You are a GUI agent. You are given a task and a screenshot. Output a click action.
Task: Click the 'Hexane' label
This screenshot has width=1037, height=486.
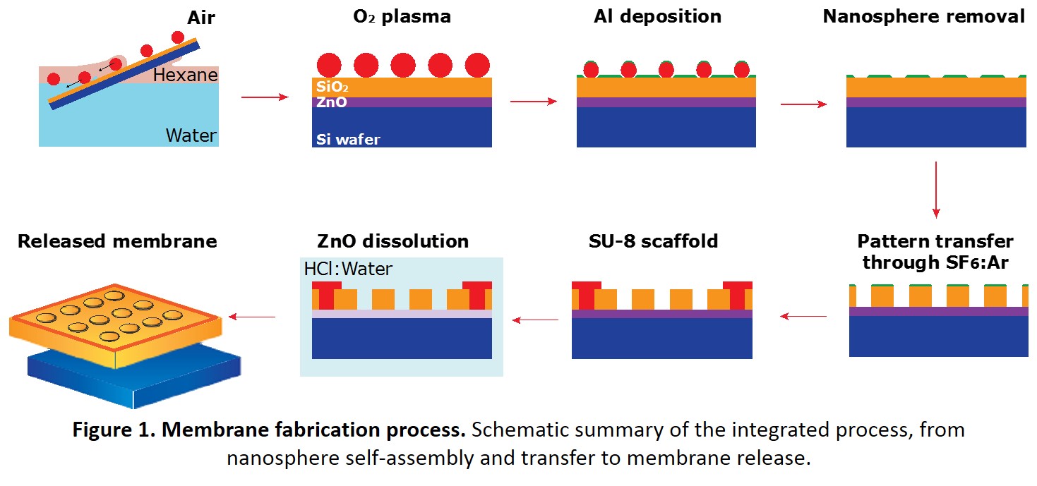[x=185, y=75]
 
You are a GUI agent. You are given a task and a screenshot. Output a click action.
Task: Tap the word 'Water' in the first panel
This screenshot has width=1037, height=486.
[x=191, y=135]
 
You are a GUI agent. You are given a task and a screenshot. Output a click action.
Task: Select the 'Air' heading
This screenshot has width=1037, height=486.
[x=201, y=18]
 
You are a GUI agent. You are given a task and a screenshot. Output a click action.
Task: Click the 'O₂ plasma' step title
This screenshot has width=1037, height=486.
[x=402, y=17]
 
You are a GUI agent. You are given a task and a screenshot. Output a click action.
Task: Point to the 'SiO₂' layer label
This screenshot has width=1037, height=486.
[x=332, y=87]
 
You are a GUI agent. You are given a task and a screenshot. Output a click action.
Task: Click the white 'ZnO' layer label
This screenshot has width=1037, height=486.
[x=332, y=102]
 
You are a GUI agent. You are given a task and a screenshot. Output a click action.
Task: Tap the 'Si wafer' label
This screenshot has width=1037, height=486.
[x=348, y=139]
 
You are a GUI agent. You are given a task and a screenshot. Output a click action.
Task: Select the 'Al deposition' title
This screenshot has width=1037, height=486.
[x=657, y=17]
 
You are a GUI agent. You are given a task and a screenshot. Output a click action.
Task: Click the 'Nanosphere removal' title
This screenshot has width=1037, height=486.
[x=923, y=17]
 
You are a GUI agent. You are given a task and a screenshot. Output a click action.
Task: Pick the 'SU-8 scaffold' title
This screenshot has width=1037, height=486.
[x=653, y=241]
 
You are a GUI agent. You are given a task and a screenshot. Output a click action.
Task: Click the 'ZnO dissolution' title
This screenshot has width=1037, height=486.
[x=392, y=241]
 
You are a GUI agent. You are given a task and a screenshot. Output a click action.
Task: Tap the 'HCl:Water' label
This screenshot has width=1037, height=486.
[x=348, y=269]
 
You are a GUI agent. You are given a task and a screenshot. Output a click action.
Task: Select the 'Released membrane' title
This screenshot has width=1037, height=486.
[x=117, y=241]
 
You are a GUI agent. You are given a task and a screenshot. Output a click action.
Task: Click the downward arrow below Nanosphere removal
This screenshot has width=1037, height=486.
[x=936, y=190]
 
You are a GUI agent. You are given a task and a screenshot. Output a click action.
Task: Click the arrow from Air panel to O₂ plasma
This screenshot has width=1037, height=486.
[x=265, y=97]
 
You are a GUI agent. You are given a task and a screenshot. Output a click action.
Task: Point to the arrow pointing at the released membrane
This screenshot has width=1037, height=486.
[x=252, y=317]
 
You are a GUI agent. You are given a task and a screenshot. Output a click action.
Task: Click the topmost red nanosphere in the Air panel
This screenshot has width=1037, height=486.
[x=178, y=37]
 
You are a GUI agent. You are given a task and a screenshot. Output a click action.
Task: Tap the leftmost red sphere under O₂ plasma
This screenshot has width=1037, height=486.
[x=329, y=65]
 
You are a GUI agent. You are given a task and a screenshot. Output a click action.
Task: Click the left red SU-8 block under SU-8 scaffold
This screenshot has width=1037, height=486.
[x=587, y=295]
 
